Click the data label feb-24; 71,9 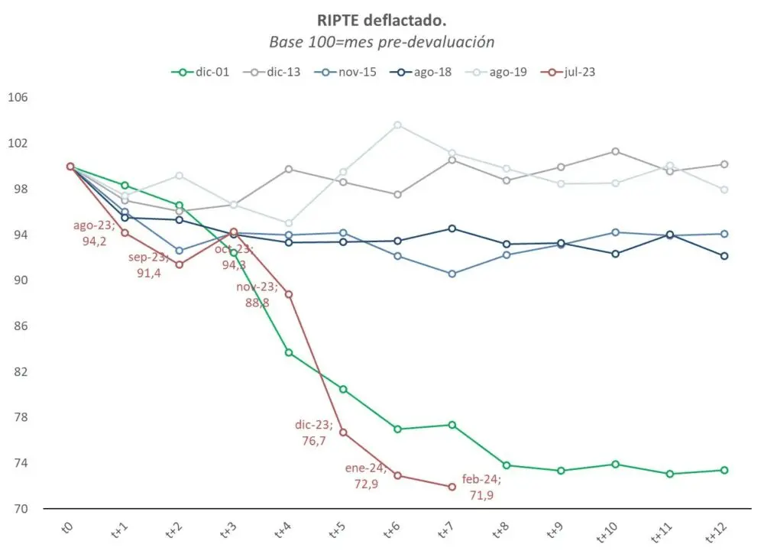(481, 487)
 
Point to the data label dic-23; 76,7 (314, 433)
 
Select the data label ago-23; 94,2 (94, 233)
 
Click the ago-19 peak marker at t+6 (397, 125)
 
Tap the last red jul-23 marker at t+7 (452, 487)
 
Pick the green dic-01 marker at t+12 (724, 470)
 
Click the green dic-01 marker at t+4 (289, 352)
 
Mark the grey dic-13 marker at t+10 (615, 151)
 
